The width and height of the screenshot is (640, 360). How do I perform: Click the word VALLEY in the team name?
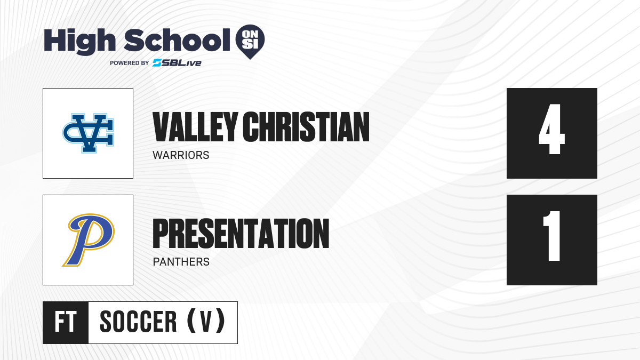(x=195, y=127)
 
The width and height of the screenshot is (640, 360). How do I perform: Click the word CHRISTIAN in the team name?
(x=306, y=127)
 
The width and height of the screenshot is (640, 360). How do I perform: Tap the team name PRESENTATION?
(x=241, y=234)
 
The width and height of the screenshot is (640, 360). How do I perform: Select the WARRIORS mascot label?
(x=181, y=155)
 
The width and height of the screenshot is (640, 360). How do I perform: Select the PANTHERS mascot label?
(x=181, y=262)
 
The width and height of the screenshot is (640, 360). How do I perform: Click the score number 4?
(x=551, y=129)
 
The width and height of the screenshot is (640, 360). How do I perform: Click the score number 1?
(x=552, y=236)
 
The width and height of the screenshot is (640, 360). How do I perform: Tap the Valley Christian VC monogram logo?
(x=88, y=133)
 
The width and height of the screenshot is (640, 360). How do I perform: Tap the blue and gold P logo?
(x=89, y=239)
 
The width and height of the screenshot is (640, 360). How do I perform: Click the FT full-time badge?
(x=66, y=322)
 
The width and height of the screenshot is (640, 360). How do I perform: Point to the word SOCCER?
(x=138, y=322)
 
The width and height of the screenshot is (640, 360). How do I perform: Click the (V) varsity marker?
(x=206, y=321)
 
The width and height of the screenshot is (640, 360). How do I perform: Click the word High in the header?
(x=79, y=42)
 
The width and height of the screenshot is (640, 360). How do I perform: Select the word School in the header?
(x=177, y=39)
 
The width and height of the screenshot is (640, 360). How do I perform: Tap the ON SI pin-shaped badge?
(x=250, y=42)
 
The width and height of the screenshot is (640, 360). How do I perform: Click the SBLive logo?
(x=177, y=63)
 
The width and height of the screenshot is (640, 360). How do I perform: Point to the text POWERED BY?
(x=129, y=63)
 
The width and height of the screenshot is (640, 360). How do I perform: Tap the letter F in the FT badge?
(x=59, y=322)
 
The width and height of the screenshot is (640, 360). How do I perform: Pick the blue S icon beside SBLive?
(x=157, y=63)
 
